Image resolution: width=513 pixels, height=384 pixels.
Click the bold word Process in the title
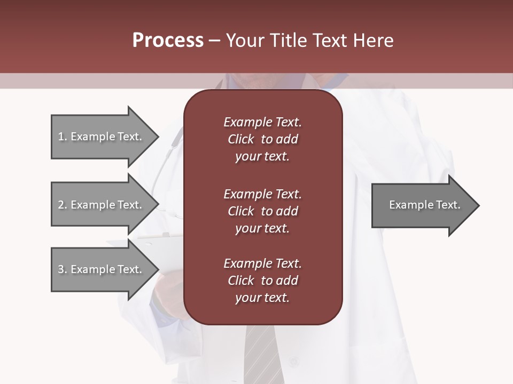[x=168, y=41]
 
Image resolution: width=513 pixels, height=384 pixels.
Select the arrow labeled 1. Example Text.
[x=102, y=137]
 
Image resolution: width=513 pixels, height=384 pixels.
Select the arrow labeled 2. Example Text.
[x=102, y=205]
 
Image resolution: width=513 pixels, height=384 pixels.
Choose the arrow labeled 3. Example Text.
[x=102, y=269]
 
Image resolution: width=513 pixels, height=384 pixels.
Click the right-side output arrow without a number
[x=422, y=205]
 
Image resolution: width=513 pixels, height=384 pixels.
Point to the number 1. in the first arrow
[x=62, y=137]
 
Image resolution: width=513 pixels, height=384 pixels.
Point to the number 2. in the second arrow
[x=62, y=205]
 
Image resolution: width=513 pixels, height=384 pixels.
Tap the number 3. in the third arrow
[x=62, y=269]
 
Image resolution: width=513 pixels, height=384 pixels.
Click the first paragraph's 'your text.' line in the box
[x=262, y=157]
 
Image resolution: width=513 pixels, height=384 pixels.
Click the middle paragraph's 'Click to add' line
[x=262, y=211]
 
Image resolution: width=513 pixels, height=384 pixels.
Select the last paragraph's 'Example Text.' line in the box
[x=262, y=263]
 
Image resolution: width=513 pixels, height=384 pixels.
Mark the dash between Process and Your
[x=214, y=41]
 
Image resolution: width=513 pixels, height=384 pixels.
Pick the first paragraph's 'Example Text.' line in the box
[x=262, y=122]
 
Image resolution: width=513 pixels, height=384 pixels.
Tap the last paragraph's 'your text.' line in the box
[x=262, y=298]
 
